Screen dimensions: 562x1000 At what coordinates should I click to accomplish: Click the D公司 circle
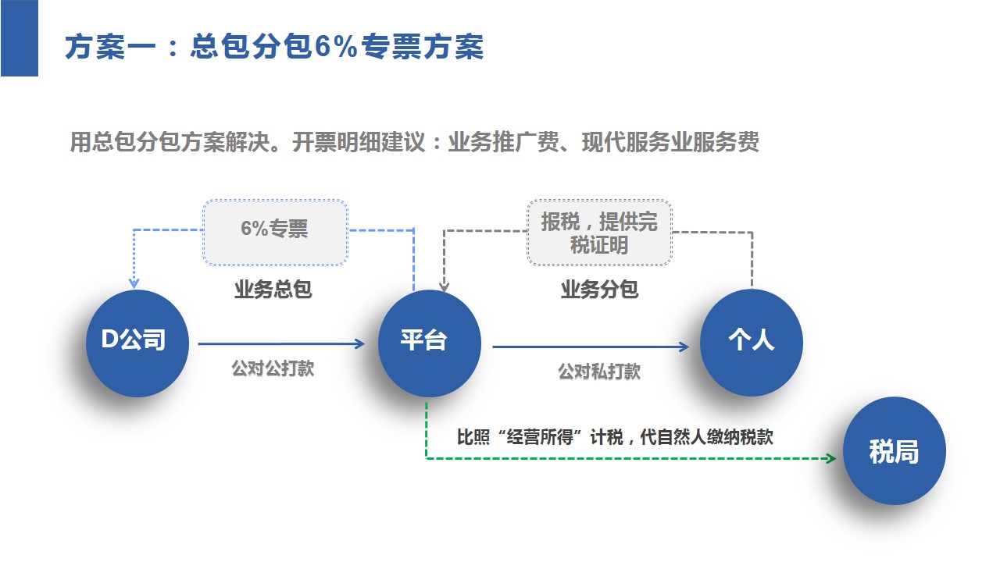137,343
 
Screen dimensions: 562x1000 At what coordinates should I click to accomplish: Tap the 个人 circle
751,343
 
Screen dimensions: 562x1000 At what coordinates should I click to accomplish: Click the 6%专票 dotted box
274,232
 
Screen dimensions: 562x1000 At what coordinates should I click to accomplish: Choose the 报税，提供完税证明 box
599,233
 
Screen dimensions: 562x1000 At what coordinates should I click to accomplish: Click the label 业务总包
273,290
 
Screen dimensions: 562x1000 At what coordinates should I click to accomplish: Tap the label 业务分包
599,290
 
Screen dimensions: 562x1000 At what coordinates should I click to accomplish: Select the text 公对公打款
273,368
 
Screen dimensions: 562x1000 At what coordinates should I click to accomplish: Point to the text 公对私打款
599,372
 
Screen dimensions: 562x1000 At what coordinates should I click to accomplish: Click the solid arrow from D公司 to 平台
281,343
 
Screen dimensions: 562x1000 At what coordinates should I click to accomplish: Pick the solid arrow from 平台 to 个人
590,347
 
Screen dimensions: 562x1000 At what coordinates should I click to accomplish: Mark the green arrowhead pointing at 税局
831,458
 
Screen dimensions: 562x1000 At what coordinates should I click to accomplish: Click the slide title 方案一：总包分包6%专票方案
274,48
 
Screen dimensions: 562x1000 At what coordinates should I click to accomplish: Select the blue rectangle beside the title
19,38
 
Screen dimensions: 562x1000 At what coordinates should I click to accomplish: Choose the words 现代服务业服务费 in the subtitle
670,144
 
